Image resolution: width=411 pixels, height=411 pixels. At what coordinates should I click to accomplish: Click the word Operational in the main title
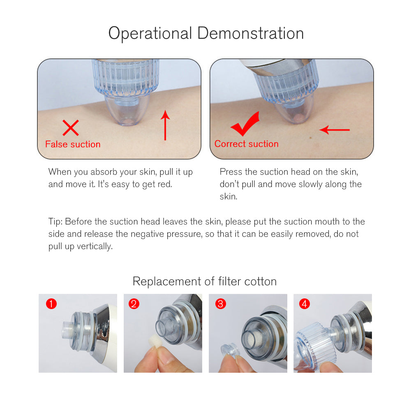coord(150,34)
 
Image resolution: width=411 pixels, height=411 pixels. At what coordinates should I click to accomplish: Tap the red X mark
coord(71,128)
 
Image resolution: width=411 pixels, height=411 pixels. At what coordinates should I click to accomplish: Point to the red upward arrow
coord(165,125)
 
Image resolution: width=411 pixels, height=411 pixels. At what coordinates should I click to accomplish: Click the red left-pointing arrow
coord(335,129)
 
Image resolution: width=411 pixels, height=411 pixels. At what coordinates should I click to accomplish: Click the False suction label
coord(73,144)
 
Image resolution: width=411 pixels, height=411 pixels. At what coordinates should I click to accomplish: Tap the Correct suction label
coord(246,144)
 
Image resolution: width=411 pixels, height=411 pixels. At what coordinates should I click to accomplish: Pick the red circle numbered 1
coord(51,304)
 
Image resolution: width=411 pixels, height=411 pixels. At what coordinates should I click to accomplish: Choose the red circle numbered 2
coord(134,304)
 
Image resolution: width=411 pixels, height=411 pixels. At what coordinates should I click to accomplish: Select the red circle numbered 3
coord(220,304)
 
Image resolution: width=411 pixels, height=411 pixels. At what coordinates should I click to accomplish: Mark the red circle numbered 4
coord(304,304)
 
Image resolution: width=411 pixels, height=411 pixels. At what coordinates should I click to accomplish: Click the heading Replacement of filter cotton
coord(204,282)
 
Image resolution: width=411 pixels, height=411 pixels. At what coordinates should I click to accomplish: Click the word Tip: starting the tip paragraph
coord(55,222)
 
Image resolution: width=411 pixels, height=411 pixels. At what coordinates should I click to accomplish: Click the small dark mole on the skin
coord(311,137)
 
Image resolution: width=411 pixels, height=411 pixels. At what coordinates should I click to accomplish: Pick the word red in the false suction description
coord(165,184)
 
